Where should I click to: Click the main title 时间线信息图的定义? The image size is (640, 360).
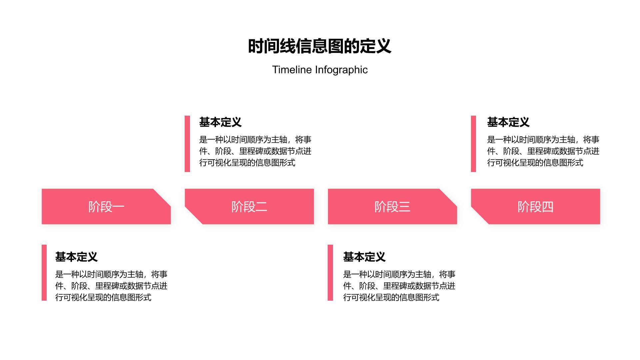point(319,46)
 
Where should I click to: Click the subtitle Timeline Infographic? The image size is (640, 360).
point(320,70)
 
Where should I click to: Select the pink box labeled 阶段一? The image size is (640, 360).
point(106,207)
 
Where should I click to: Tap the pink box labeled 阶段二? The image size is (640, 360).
point(249,207)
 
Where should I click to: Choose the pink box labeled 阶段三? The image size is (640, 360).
point(392,207)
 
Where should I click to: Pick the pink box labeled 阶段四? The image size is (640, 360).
point(535,207)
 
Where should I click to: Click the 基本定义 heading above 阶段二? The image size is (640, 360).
point(220,122)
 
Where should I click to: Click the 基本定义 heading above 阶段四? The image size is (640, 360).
point(508,122)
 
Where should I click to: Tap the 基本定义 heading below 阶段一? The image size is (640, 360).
point(76,257)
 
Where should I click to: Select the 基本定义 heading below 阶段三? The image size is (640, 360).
point(364,257)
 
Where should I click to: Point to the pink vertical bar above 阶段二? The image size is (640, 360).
point(187,144)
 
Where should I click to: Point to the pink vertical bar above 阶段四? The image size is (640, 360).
point(473,144)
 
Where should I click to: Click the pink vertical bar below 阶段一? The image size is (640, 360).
point(44,273)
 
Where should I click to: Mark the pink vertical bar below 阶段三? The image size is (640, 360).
point(330,273)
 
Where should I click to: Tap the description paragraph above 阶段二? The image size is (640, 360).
point(255,151)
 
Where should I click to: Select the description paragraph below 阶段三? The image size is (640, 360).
point(399,286)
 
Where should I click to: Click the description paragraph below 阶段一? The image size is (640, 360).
point(111,286)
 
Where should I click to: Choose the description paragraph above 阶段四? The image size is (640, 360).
point(543,151)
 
